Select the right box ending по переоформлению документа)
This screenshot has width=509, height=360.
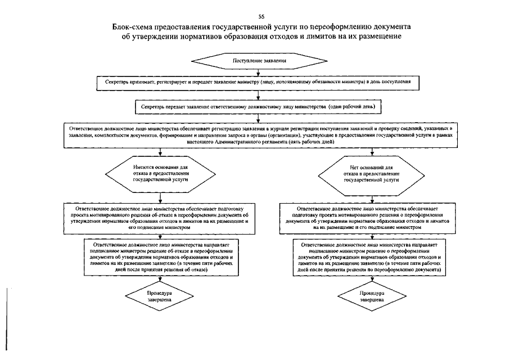click(371, 258)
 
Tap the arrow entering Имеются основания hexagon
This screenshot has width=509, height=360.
click(161, 152)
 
